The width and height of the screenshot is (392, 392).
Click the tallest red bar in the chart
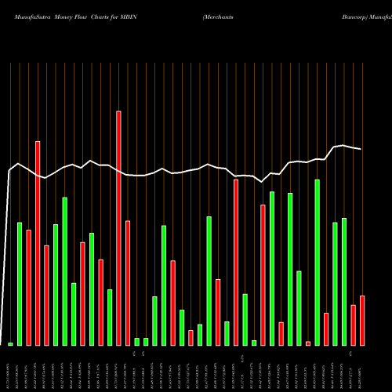pos(118,228)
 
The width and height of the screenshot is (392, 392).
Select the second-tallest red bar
pos(38,243)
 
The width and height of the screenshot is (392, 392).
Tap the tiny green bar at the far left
pos(10,344)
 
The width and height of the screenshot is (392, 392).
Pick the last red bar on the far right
pos(362,321)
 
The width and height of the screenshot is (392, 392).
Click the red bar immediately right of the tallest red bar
pos(128,283)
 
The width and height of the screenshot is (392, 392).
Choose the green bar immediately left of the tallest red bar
pos(110,318)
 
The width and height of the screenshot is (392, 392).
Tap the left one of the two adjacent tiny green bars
pos(136,342)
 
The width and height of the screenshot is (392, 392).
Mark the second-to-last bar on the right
pos(354,325)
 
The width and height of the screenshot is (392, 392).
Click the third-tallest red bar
pos(236,263)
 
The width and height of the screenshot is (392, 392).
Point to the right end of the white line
pos(361,149)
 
